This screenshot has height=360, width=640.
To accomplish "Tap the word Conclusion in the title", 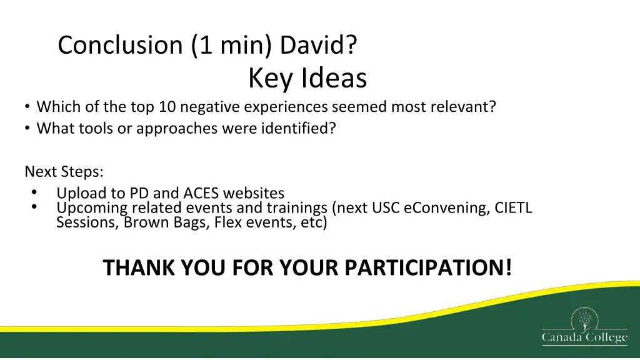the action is (120, 44).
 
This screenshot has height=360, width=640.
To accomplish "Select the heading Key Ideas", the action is (307, 77).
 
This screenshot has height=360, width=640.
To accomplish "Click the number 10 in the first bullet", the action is (167, 106).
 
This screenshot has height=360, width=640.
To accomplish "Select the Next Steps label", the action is (64, 171).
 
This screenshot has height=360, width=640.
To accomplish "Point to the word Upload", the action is (81, 193).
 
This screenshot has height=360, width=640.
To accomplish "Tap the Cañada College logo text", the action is (584, 337).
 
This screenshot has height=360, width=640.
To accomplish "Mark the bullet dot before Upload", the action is (34, 192).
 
